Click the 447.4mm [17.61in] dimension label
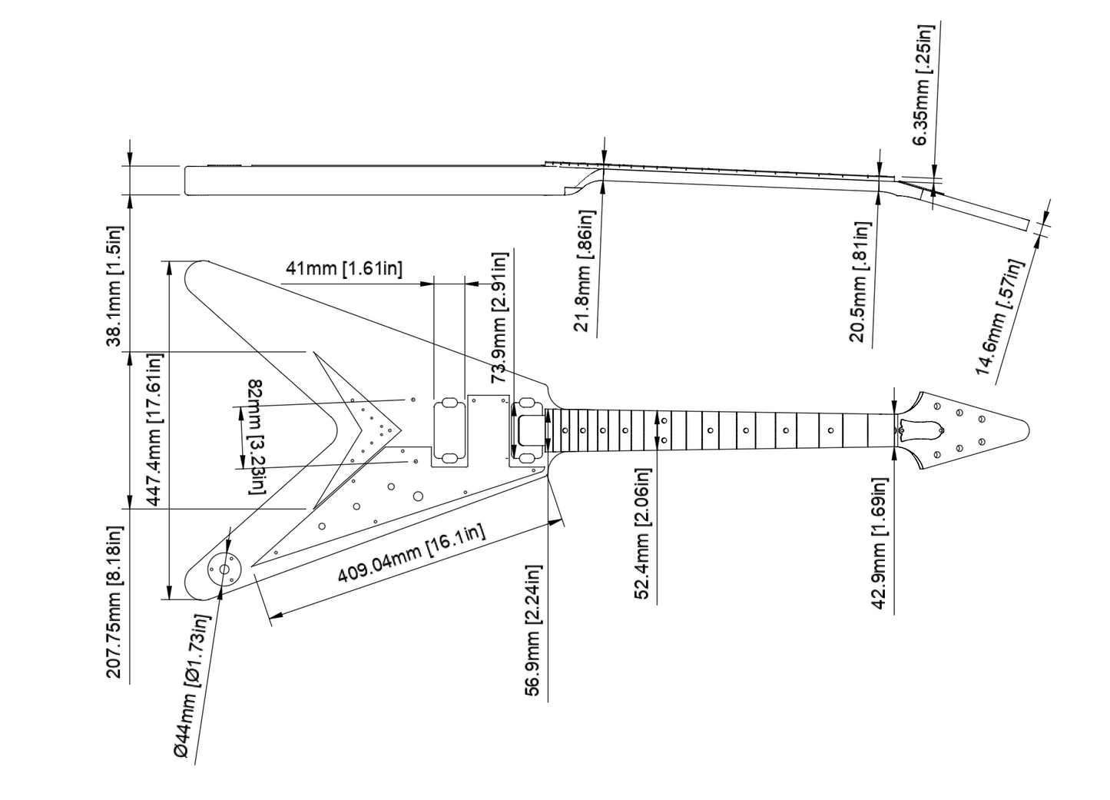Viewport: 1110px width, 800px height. (153, 430)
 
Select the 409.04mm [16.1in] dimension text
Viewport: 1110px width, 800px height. (411, 553)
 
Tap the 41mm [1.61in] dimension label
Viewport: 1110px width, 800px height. (344, 269)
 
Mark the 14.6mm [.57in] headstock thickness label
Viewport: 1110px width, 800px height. (999, 317)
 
